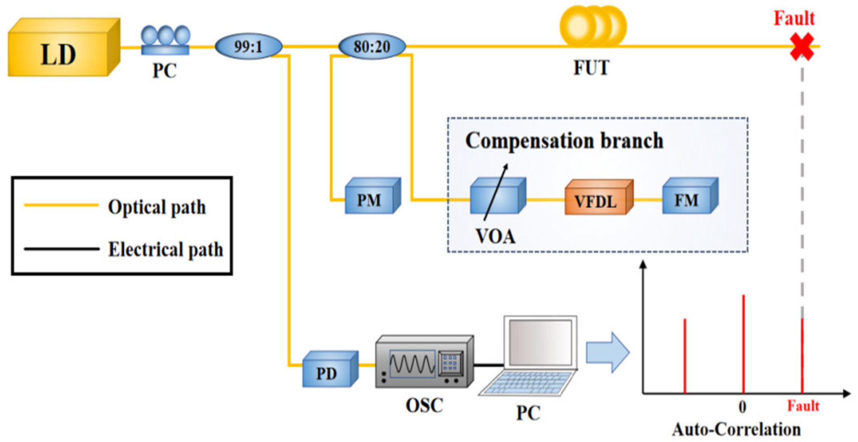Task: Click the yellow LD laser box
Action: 60,50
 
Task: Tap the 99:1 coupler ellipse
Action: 249,46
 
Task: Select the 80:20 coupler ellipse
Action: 372,46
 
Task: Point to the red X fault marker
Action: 802,46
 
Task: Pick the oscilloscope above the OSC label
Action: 424,362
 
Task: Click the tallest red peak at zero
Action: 743,344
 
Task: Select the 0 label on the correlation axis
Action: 742,407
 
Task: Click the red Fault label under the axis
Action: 803,406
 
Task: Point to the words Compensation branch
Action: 564,141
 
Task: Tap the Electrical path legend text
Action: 165,249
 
